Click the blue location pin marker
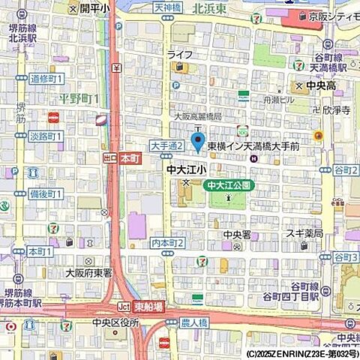click(198, 142)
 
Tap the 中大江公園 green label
click(230, 184)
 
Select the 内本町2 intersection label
click(167, 243)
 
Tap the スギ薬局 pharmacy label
click(303, 234)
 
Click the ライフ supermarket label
click(181, 55)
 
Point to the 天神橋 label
click(167, 7)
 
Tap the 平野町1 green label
click(80, 99)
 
